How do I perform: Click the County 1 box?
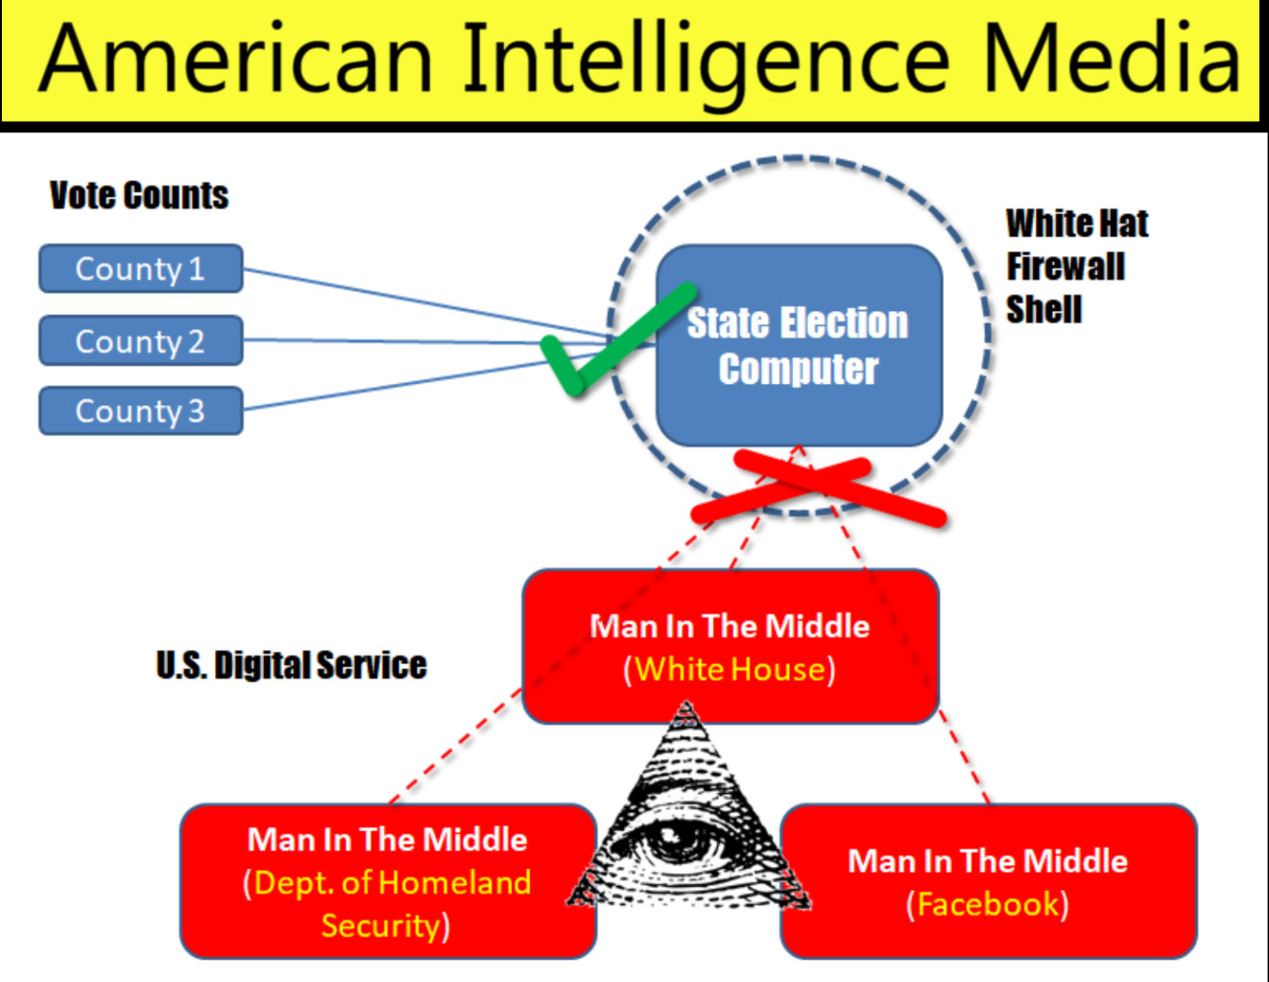141,269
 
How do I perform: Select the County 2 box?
141,341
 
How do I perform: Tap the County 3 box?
141,411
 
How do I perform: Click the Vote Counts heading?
139,195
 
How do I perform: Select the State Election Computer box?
799,346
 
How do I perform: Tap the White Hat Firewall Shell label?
1077,266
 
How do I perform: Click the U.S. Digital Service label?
292,665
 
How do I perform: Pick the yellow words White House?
730,669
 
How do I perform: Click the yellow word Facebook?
988,904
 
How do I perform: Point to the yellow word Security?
381,926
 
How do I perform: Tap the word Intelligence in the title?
706,60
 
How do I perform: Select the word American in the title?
235,59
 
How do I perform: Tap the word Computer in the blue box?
799,370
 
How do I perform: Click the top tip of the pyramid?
685,703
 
